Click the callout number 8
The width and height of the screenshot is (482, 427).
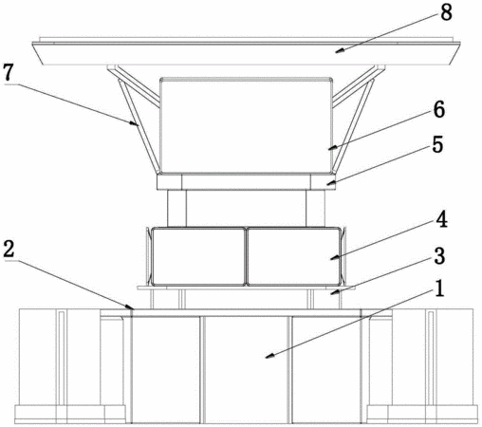click(x=446, y=13)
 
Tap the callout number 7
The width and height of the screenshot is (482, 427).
click(x=9, y=72)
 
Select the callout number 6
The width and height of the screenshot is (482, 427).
click(x=438, y=110)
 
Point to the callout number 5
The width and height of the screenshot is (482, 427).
click(x=437, y=145)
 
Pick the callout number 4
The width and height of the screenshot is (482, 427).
click(x=441, y=219)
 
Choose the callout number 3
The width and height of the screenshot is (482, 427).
click(x=439, y=256)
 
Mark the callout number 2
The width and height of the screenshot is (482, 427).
click(x=9, y=250)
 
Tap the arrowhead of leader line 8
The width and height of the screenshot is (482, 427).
click(x=340, y=50)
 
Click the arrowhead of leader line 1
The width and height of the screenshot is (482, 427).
click(x=269, y=356)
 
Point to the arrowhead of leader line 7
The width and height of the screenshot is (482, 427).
click(x=135, y=123)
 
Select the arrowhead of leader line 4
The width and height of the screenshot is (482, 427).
click(x=335, y=257)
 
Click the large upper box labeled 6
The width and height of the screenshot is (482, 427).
click(x=246, y=125)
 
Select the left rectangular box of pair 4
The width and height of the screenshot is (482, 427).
click(x=198, y=256)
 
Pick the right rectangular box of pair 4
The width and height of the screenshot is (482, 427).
click(x=294, y=256)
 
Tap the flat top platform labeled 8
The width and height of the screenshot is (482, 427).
click(x=246, y=51)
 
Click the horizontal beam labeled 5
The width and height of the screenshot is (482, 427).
click(x=246, y=182)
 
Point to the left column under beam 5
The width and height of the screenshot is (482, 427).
click(x=176, y=209)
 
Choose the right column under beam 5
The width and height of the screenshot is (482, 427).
click(x=315, y=209)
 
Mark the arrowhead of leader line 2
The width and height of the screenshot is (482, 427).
click(x=130, y=306)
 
